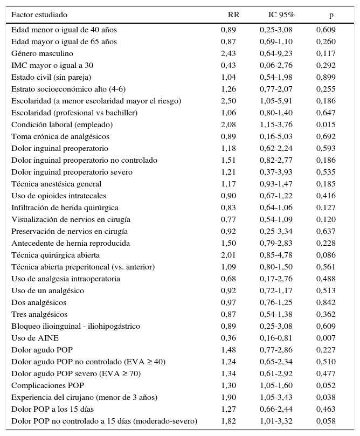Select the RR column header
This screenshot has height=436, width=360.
pos(233,15)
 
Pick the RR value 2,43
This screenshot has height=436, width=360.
pos(229,53)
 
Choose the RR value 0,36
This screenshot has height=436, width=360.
pos(229,338)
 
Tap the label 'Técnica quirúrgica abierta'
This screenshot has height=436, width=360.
pos(55,255)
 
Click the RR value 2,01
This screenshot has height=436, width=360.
pos(229,255)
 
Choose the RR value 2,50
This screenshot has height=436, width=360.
pos(229,101)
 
